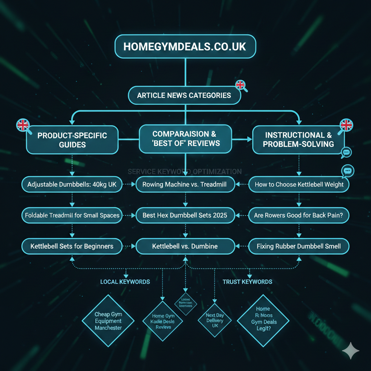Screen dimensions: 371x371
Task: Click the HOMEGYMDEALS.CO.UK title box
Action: click(185, 47)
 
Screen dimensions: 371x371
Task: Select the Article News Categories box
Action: click(184, 96)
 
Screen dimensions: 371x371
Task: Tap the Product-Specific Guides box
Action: click(72, 140)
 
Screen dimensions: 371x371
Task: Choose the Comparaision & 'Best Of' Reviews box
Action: click(185, 138)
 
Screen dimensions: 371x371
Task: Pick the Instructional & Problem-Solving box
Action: click(298, 140)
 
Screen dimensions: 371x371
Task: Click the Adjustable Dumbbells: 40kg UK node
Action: click(72, 184)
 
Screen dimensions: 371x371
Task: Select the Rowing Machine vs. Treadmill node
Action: click(185, 184)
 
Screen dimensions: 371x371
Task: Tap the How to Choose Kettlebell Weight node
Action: click(299, 184)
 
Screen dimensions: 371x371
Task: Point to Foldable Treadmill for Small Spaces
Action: click(72, 215)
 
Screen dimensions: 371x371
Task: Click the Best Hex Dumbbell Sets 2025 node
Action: click(185, 215)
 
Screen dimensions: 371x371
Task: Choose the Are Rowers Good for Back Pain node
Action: click(299, 215)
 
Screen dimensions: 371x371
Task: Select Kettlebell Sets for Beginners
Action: click(72, 246)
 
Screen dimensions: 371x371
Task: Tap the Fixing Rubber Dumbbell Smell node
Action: click(299, 246)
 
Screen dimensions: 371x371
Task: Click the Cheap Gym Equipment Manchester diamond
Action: click(108, 321)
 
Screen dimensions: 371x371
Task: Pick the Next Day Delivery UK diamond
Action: click(215, 321)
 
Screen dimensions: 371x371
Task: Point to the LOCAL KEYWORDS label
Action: click(125, 282)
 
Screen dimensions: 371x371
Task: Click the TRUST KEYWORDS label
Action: click(247, 282)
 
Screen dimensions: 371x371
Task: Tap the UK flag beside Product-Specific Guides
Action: click(23, 125)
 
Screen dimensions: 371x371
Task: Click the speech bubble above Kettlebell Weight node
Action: click(347, 170)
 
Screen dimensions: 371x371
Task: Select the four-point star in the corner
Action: click(351, 351)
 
